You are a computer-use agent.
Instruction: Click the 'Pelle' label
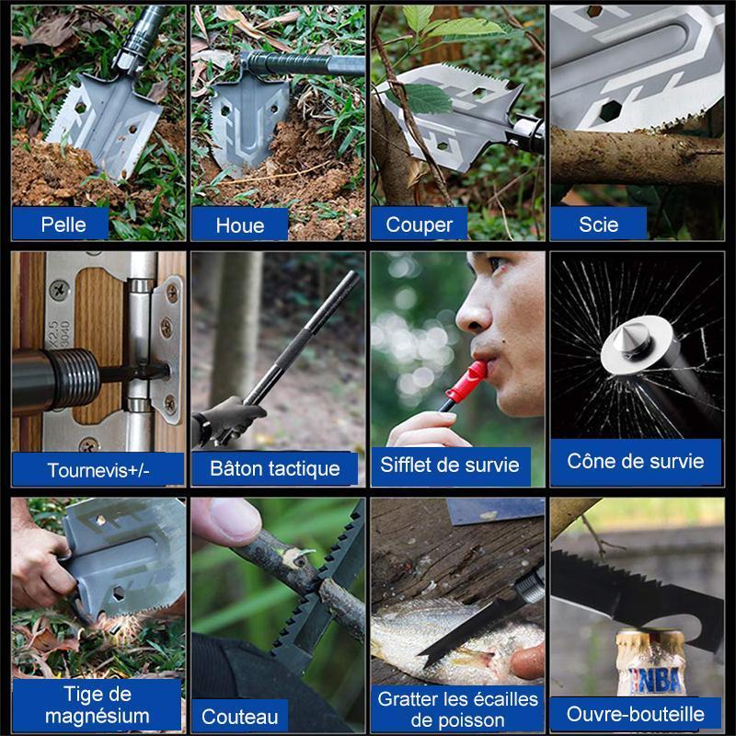pyautogui.click(x=63, y=224)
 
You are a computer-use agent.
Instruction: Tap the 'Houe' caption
pyautogui.click(x=240, y=225)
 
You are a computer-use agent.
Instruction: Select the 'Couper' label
pyautogui.click(x=420, y=224)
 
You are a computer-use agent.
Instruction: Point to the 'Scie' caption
pyautogui.click(x=599, y=224)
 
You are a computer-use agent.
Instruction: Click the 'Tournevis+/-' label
pyautogui.click(x=98, y=470)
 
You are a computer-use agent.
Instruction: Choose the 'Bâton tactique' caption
pyautogui.click(x=275, y=468)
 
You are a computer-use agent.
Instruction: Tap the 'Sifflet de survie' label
pyautogui.click(x=450, y=465)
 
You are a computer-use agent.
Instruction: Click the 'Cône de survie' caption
pyautogui.click(x=636, y=461)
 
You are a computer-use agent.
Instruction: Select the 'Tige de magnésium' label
pyautogui.click(x=98, y=705)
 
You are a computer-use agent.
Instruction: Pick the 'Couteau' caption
pyautogui.click(x=240, y=717)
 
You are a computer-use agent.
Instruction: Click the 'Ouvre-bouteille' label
pyautogui.click(x=636, y=714)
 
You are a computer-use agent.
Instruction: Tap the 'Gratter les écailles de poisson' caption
pyautogui.click(x=457, y=709)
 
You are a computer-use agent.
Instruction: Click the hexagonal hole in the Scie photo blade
pyautogui.click(x=610, y=110)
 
